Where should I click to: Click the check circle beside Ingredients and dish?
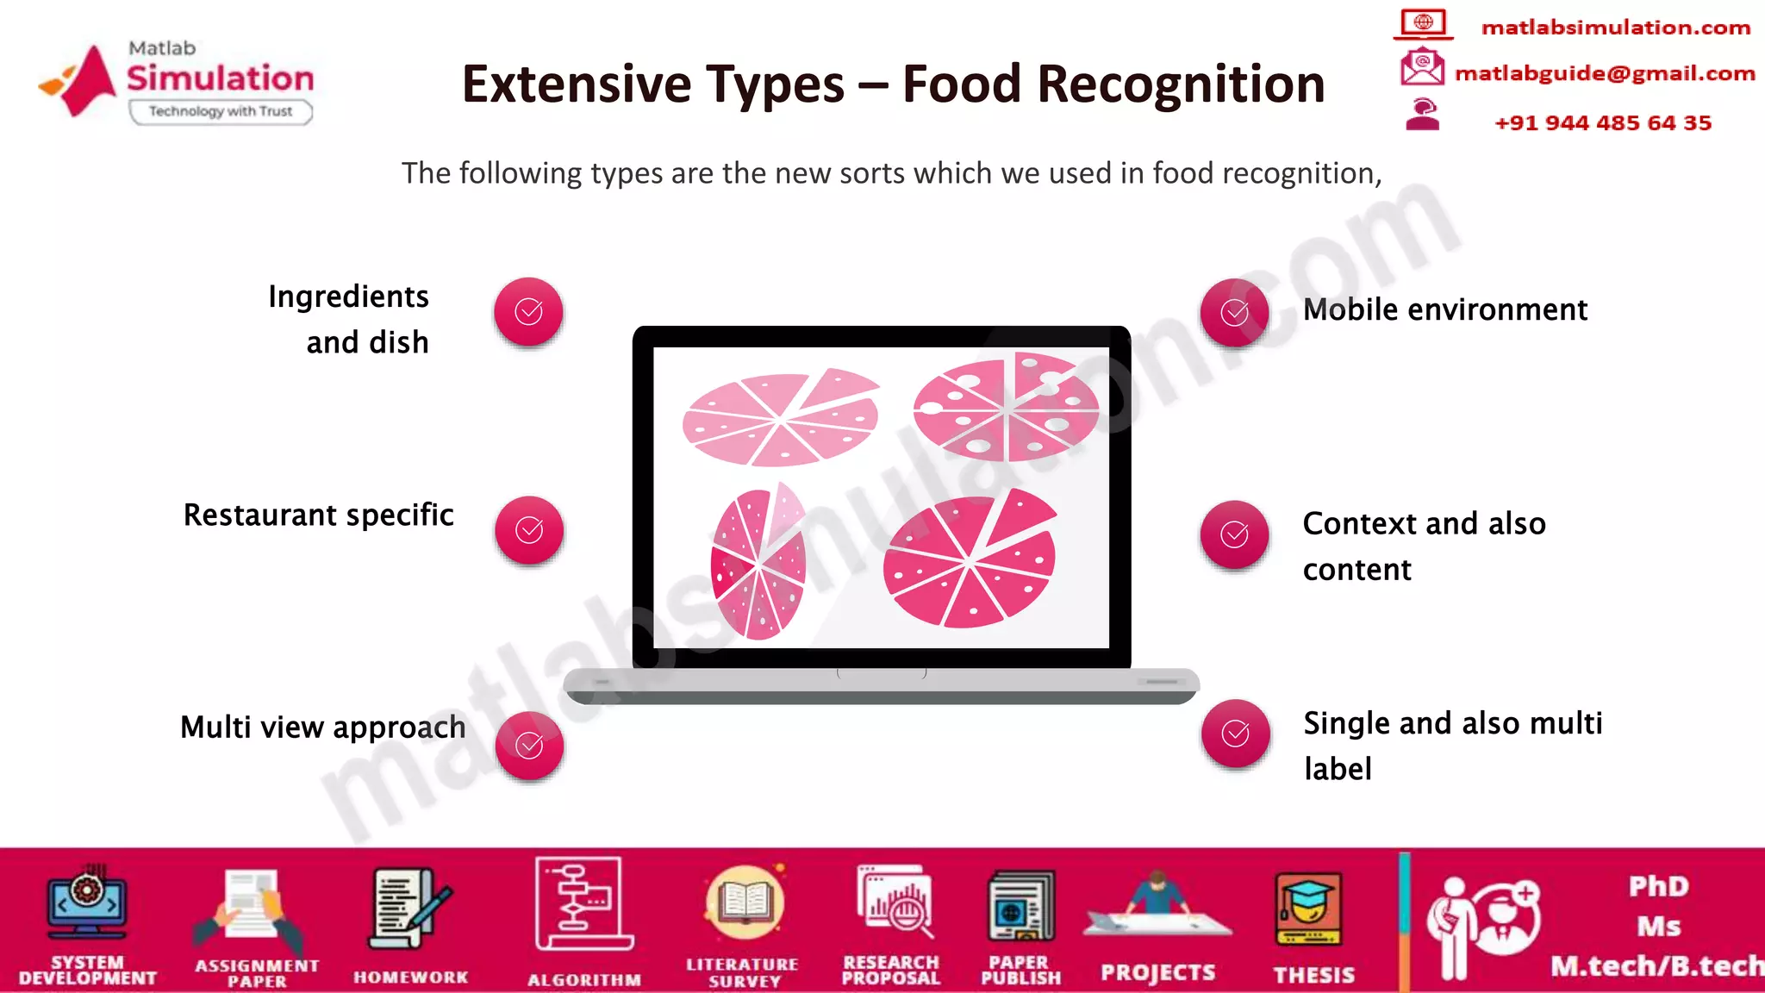528,311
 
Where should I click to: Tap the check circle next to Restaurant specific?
529,529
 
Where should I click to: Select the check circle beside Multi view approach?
529,745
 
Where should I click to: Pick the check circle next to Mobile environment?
1234,312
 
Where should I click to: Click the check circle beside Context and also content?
1234,534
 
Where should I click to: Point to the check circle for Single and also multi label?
1235,734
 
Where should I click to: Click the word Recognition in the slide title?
1181,84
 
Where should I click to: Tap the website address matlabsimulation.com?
1615,28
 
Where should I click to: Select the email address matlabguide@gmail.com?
1605,73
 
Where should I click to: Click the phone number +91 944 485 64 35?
1603,122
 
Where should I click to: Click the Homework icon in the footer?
410,909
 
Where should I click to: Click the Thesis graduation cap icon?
1309,909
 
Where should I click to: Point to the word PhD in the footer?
1658,886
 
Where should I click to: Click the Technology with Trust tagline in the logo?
221,111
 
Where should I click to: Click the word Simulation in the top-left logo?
221,78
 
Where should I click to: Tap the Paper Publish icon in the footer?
1021,907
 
